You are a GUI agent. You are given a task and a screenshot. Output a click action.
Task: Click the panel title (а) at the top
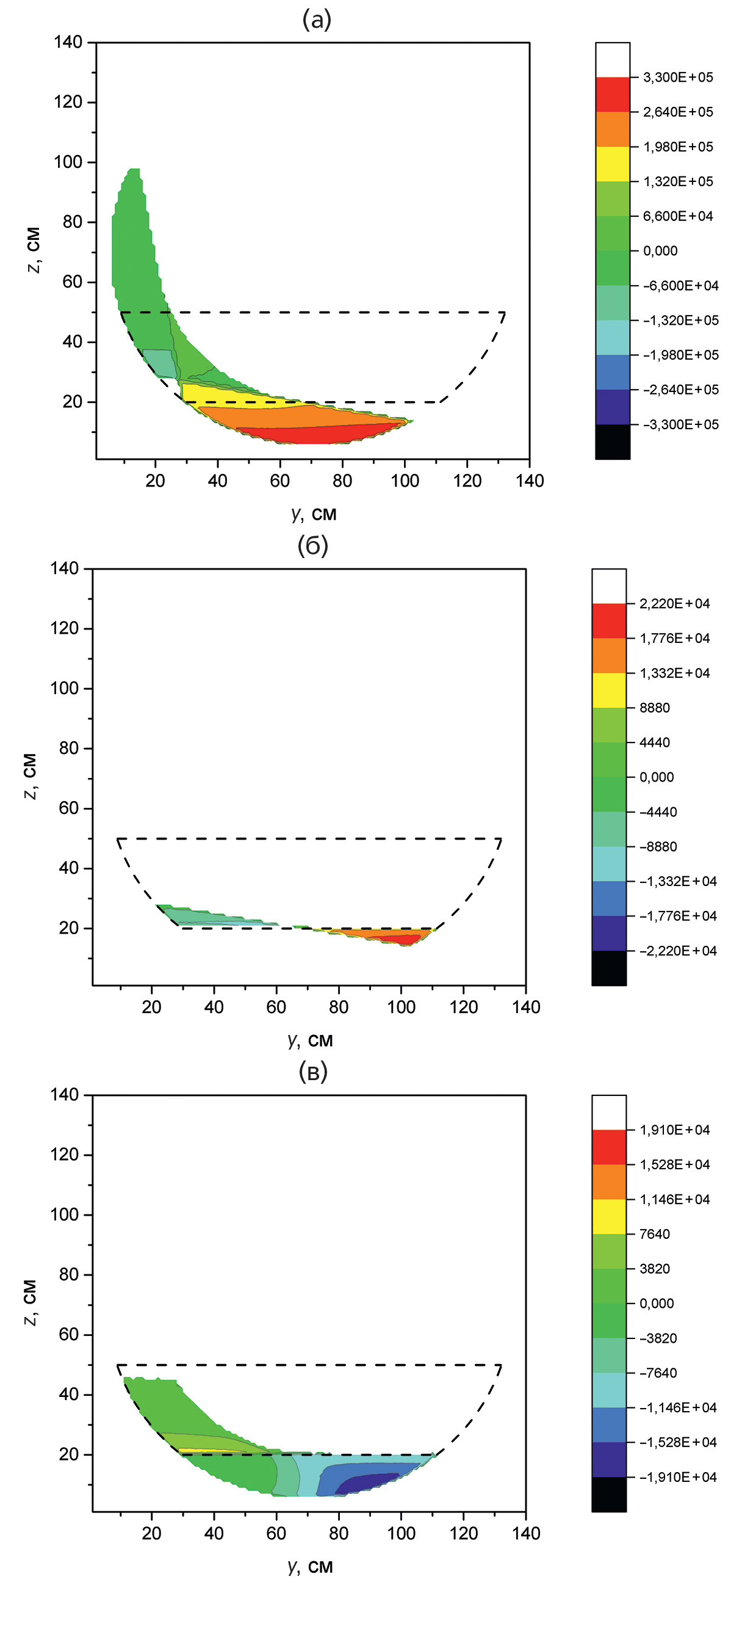(316, 20)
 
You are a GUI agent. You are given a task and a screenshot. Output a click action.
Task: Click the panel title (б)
(313, 546)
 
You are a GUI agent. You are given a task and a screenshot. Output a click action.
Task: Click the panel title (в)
(313, 1072)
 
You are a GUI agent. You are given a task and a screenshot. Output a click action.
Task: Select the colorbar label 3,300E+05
(678, 78)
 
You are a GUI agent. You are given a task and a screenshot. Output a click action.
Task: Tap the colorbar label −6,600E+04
(680, 286)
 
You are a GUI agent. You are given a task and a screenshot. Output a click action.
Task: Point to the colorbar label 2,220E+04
(674, 604)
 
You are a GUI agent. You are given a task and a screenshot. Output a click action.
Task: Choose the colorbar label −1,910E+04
(678, 1477)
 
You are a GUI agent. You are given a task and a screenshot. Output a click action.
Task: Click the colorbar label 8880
(654, 708)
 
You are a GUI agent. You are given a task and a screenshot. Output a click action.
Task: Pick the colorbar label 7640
(654, 1234)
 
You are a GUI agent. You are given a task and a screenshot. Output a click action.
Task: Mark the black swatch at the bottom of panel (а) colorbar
(612, 441)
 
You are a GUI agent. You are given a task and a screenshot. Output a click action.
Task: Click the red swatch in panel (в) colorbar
(609, 1147)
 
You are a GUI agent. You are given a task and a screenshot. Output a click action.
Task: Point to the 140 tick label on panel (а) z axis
(68, 42)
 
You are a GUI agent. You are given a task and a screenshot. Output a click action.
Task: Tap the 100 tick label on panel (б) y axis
(401, 1007)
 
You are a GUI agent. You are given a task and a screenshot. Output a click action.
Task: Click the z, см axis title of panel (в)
(31, 1302)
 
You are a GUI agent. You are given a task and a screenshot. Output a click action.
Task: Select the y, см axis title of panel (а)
(314, 514)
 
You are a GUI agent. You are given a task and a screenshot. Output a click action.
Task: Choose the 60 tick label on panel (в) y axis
(276, 1533)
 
